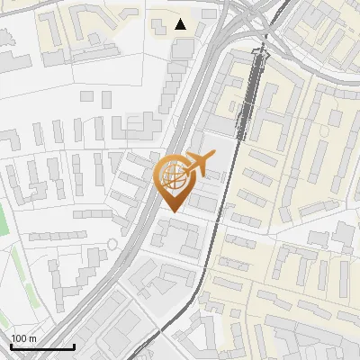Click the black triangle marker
tap(181, 24)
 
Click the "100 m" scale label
tap(24, 338)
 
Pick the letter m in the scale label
tap(33, 338)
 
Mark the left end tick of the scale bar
tap(11, 346)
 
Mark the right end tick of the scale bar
tap(74, 346)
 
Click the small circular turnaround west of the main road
tap(112, 243)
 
